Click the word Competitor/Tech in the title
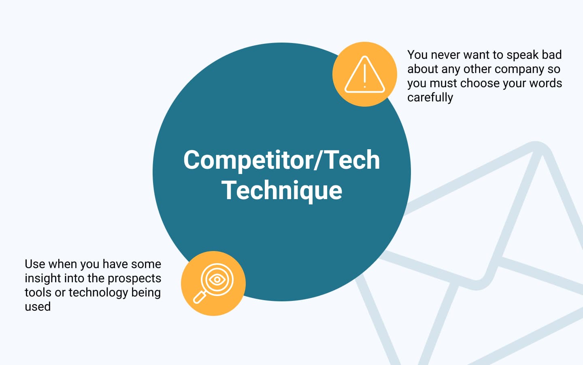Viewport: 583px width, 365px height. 282,160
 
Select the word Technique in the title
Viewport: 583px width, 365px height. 282,191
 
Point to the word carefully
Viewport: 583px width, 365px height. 430,97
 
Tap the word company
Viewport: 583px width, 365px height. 519,69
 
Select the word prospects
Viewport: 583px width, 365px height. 134,279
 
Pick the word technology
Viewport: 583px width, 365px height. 98,292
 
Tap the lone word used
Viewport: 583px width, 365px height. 38,307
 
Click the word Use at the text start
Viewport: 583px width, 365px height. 35,264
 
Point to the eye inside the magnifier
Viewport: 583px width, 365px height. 217,280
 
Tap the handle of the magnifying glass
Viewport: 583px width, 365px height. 200,298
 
